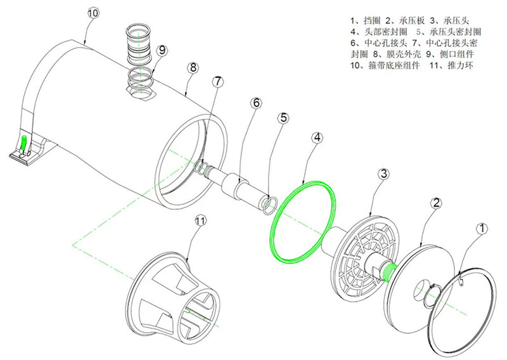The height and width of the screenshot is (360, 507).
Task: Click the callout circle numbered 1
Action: pyautogui.click(x=482, y=226)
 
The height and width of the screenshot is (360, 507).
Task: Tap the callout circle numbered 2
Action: pyautogui.click(x=435, y=203)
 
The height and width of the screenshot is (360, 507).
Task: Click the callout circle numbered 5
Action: pyautogui.click(x=283, y=118)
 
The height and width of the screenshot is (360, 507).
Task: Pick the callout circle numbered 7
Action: pyautogui.click(x=218, y=82)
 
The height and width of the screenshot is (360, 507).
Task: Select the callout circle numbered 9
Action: pyautogui.click(x=162, y=49)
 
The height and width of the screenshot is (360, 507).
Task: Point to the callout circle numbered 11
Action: pyautogui.click(x=201, y=221)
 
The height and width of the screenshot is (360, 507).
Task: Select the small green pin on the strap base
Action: pyautogui.click(x=25, y=143)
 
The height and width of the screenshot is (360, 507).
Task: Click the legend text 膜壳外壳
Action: pyautogui.click(x=397, y=54)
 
